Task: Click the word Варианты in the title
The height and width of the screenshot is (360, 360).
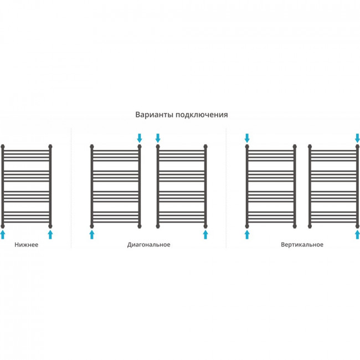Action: pos(155,115)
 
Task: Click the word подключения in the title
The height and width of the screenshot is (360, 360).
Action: pos(202,115)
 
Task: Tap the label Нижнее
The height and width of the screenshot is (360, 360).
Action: pos(27,245)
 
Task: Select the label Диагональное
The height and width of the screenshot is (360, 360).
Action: pos(149,245)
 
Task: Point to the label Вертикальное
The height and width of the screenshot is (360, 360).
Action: pos(302,244)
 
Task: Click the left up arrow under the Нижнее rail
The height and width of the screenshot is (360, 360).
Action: pos(3,235)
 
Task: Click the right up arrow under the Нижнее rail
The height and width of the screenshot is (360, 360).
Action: pos(50,235)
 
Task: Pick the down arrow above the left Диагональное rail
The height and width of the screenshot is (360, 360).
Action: pos(140,138)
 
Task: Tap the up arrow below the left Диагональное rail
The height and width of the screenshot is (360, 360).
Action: pos(92,235)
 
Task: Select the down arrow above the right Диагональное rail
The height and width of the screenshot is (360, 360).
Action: pos(158,138)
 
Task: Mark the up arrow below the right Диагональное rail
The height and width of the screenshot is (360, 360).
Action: pos(205,235)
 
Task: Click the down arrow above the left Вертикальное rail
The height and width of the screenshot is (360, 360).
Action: pos(247,138)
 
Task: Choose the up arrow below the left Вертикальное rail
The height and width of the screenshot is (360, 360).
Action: pos(247,235)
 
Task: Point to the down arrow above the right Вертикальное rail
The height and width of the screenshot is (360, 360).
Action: pos(357,138)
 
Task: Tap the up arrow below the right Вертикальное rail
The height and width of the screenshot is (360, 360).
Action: pos(357,235)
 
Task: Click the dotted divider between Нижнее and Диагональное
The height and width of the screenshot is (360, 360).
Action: pos(71,188)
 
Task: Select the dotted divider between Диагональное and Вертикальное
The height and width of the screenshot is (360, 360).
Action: pos(226,188)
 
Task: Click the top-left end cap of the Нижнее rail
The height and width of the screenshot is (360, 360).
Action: pos(3,146)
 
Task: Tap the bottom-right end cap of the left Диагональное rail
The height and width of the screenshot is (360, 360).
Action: pos(140,226)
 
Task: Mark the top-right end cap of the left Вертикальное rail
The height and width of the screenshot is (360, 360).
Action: pos(295,146)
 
